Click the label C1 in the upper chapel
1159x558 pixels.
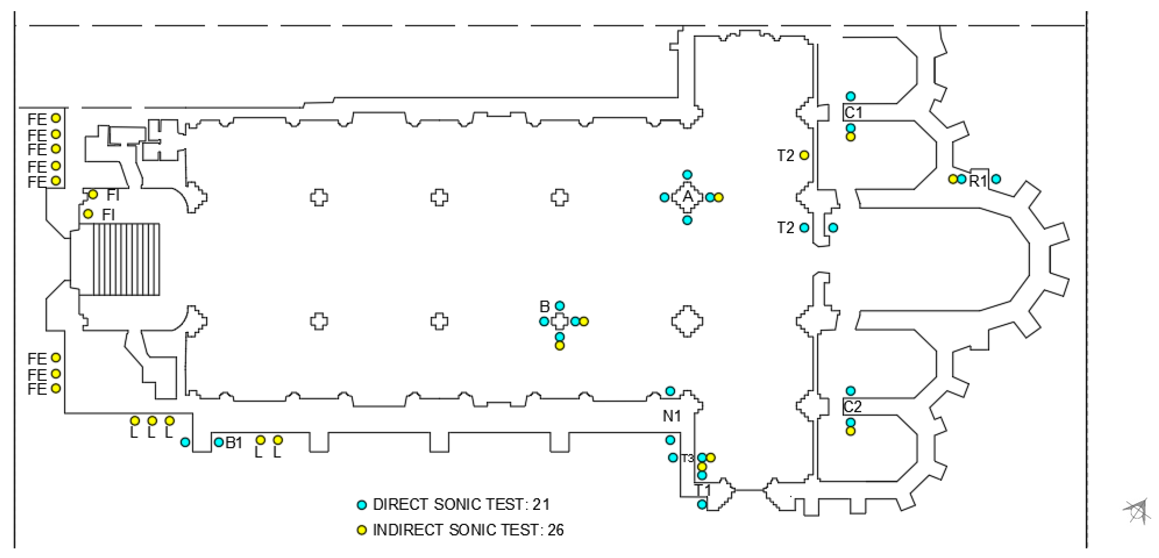point(853,112)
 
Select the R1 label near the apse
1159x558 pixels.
point(978,181)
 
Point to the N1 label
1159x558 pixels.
point(671,416)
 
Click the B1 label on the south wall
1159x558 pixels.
point(234,443)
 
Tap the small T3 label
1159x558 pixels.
point(687,459)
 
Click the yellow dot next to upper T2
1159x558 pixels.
point(804,156)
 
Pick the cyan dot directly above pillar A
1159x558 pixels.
point(687,175)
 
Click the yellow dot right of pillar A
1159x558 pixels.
point(718,197)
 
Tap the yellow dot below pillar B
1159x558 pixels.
point(559,346)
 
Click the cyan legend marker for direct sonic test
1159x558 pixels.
point(362,505)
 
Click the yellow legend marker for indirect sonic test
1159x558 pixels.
point(362,530)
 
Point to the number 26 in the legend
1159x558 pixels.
point(556,530)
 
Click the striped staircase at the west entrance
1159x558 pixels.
point(126,259)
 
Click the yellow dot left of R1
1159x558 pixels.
point(952,179)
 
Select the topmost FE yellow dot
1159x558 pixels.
point(56,118)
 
